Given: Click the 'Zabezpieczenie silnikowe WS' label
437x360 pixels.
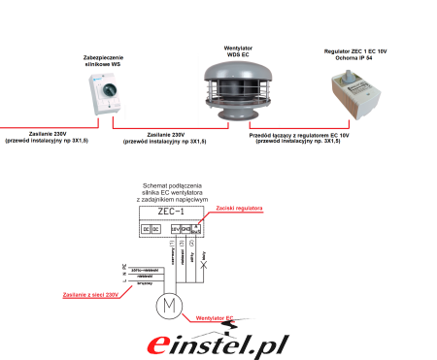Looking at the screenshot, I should (104, 61).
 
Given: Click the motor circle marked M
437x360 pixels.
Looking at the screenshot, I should (170, 307).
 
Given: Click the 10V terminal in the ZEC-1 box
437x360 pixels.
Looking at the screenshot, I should (175, 229).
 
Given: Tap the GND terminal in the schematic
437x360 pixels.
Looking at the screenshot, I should (185, 229).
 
